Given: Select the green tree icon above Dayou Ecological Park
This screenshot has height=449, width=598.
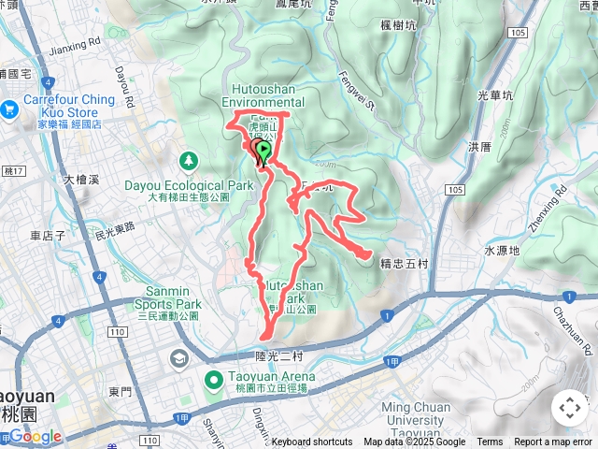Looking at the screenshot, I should click(189, 161).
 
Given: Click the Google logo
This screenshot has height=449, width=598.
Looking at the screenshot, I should click(35, 436).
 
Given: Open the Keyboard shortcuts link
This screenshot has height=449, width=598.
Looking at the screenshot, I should click(312, 442).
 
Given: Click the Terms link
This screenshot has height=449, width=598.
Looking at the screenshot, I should click(490, 442).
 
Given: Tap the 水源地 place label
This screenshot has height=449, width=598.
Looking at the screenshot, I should click(502, 251).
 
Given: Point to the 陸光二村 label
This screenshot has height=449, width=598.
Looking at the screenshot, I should click(279, 356).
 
